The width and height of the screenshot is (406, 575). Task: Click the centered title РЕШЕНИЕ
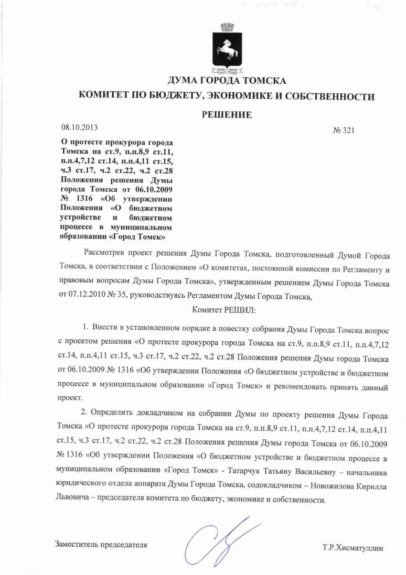pos(226,114)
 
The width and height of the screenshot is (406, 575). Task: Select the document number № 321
pos(343,130)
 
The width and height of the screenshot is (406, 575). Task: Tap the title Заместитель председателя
pos(101,544)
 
